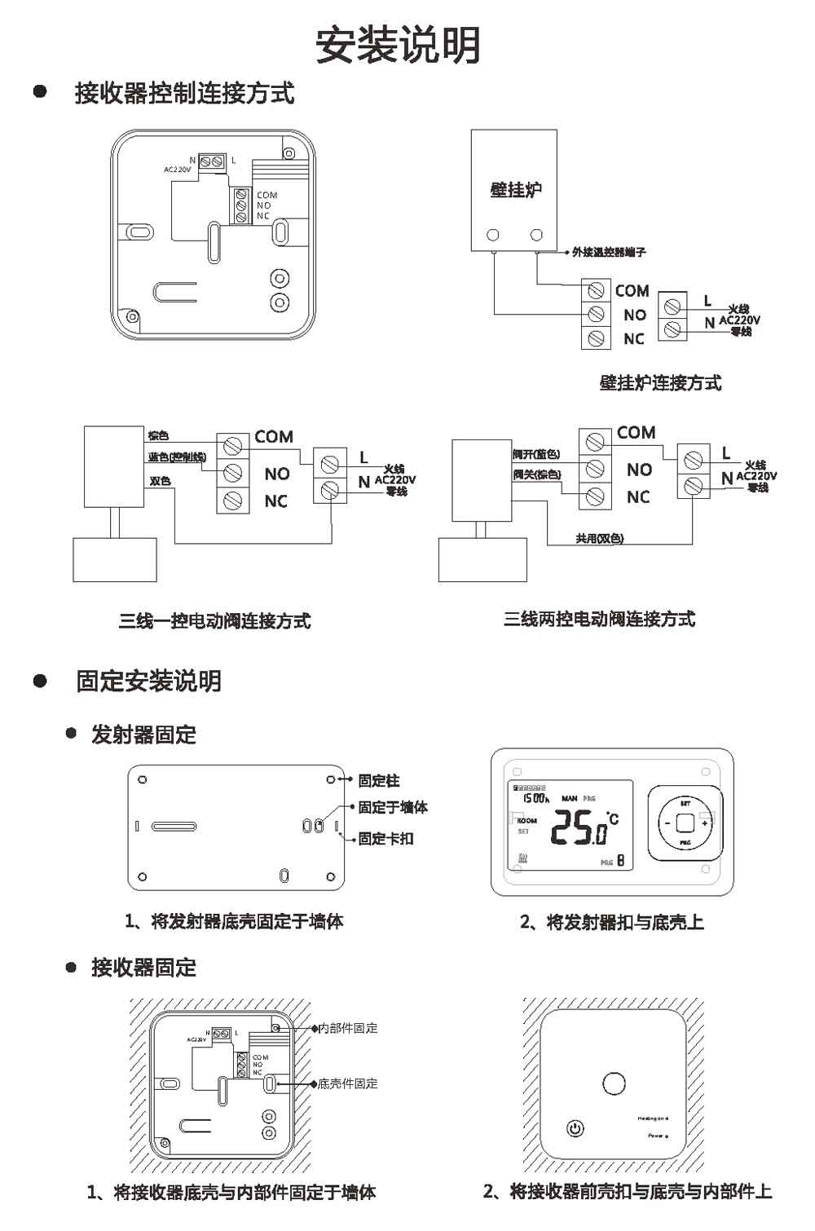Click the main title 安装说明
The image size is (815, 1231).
[x=399, y=46]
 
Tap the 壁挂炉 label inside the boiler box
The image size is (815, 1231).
[x=516, y=190]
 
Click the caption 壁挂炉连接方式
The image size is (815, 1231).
[x=660, y=383]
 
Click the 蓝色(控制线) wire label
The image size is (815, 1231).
[x=177, y=457]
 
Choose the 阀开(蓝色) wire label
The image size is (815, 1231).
[x=536, y=454]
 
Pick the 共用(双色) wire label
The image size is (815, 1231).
[x=599, y=539]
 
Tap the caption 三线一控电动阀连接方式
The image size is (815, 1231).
[x=215, y=621]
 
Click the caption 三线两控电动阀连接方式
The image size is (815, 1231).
[x=599, y=620]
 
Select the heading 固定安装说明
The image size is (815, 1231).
[x=148, y=682]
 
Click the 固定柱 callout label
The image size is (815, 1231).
[x=379, y=781]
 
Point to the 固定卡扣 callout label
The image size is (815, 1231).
[x=386, y=839]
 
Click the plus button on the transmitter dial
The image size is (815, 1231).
[x=705, y=823]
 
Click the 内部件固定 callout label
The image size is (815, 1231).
[x=348, y=1029]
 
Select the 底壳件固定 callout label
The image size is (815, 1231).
[x=348, y=1084]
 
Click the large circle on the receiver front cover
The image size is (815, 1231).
[x=614, y=1083]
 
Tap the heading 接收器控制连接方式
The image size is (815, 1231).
[x=184, y=94]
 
